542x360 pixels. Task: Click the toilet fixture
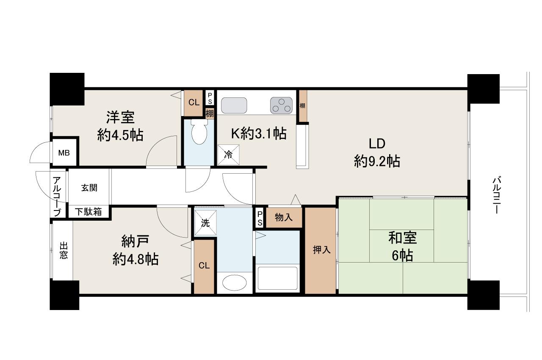199,132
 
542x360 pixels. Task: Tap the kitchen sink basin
234,105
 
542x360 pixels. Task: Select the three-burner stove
282,105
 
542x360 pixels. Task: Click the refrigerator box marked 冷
228,155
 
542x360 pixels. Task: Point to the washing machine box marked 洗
205,223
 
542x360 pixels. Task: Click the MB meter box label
64,153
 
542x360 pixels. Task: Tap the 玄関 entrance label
89,188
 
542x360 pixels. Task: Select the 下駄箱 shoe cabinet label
88,212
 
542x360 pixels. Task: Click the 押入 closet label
321,250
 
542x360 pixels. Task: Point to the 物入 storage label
284,218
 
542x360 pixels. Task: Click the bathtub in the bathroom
277,278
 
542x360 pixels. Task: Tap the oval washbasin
235,282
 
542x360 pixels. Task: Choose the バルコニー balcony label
497,195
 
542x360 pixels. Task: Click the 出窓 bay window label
64,251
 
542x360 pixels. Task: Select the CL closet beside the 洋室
194,102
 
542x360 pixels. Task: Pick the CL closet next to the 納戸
204,266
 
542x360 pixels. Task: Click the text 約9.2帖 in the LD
377,162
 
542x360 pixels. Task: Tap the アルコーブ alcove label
57,197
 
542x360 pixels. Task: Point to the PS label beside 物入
260,219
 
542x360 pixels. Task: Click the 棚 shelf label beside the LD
302,105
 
